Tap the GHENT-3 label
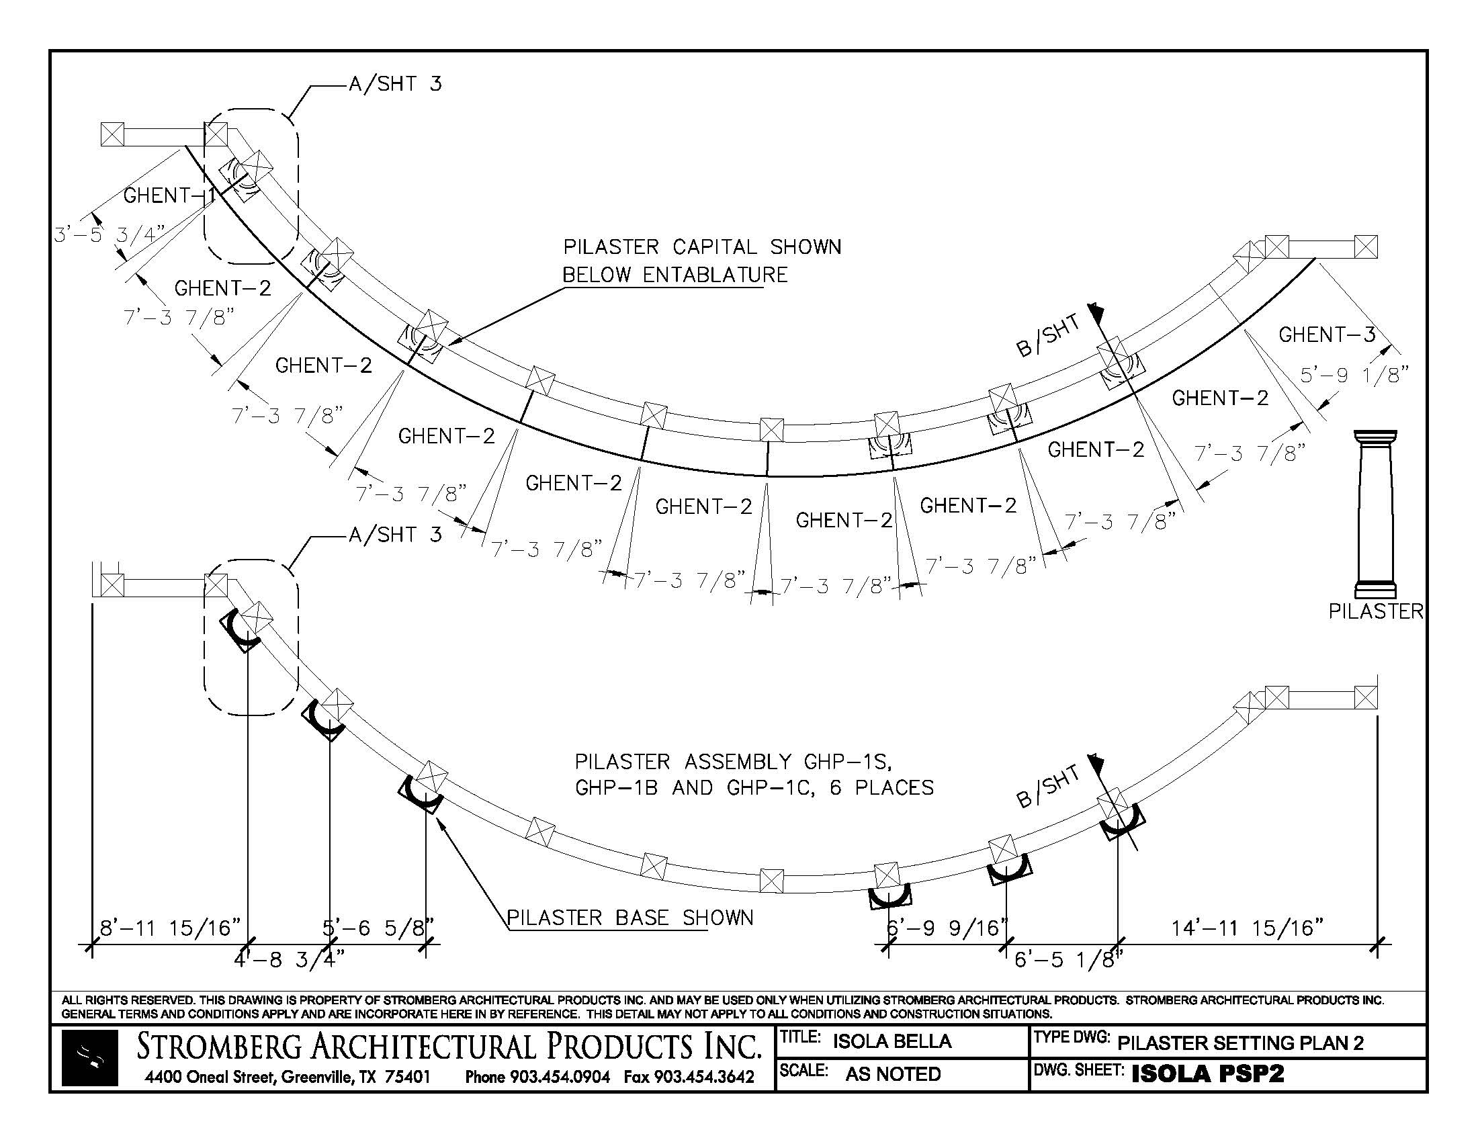coord(1326,335)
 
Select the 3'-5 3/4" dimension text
coord(110,234)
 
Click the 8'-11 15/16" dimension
coord(171,928)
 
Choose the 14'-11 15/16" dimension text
coord(1248,928)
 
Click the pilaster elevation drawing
coord(1375,514)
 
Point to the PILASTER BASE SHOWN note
coord(630,918)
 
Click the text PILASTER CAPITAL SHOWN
coord(703,247)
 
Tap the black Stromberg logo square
coord(89,1058)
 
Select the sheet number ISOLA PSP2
coord(1207,1073)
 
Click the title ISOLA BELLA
coord(892,1041)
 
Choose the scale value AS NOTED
coord(893,1074)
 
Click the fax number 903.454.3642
coord(702,1076)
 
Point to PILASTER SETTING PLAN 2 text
coord(1240,1043)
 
